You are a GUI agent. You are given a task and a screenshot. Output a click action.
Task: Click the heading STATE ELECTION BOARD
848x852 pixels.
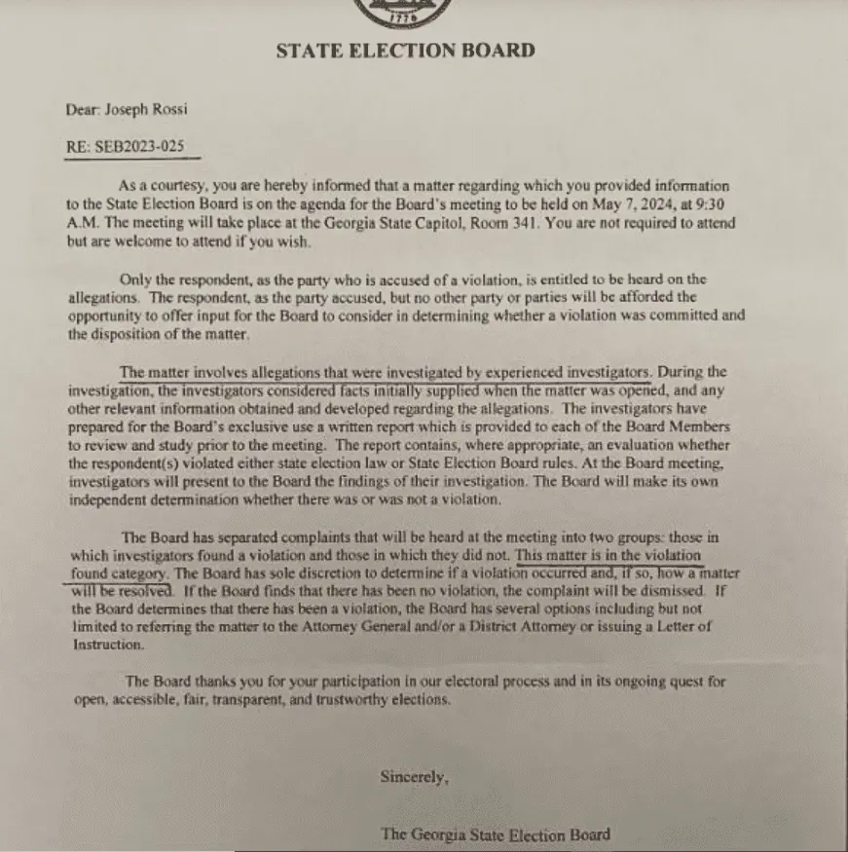405,51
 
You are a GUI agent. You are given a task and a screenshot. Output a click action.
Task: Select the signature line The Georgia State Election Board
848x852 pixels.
497,833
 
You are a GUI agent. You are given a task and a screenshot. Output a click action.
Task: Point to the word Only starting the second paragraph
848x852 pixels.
137,279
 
